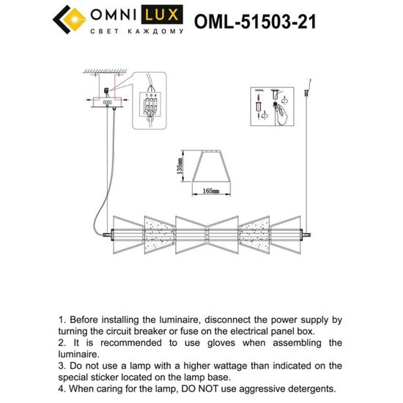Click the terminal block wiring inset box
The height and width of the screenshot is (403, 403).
[x=151, y=108]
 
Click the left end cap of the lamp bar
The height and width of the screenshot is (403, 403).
[x=108, y=235]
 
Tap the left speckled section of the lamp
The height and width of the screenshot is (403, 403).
[x=158, y=235]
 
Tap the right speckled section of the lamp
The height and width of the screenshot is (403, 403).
[x=254, y=235]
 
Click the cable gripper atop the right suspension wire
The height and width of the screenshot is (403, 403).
[x=304, y=96]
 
